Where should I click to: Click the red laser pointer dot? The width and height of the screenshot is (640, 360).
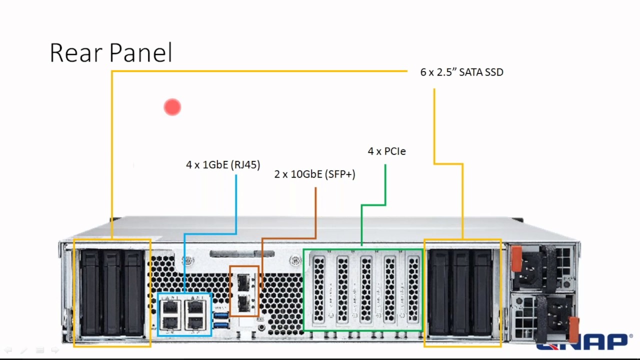pyautogui.click(x=172, y=107)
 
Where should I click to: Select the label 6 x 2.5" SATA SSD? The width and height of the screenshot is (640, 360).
pyautogui.click(x=461, y=72)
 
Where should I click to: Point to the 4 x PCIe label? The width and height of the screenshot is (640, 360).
pyautogui.click(x=386, y=151)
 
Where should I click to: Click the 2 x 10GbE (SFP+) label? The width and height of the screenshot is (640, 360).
pyautogui.click(x=314, y=174)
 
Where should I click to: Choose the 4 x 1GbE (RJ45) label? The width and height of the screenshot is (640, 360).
pyautogui.click(x=223, y=164)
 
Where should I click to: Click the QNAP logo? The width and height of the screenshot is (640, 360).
pyautogui.click(x=583, y=343)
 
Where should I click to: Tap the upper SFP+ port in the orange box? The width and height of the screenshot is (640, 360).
pyautogui.click(x=243, y=283)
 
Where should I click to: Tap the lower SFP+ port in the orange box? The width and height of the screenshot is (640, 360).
pyautogui.click(x=243, y=302)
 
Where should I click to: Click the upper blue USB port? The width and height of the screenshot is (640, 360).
pyautogui.click(x=221, y=315)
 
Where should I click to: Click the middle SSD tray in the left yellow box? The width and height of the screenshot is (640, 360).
pyautogui.click(x=112, y=292)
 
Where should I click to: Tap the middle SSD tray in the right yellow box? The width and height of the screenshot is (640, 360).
pyautogui.click(x=461, y=292)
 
